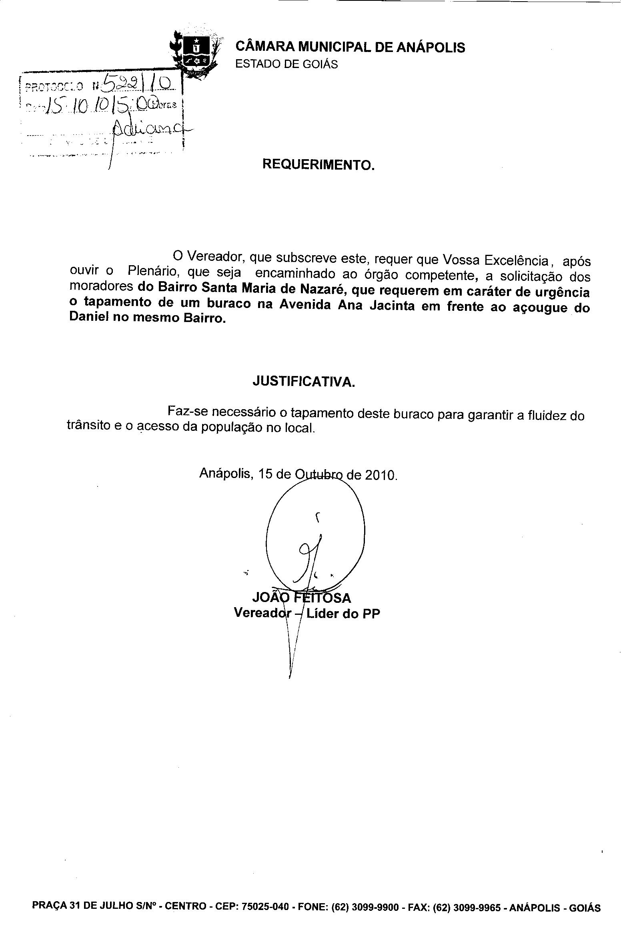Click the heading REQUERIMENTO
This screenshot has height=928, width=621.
tap(319, 164)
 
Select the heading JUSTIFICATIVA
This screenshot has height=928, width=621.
tap(304, 382)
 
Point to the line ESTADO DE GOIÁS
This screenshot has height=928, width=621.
tap(286, 64)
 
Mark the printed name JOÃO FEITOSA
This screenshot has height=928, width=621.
tap(302, 598)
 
